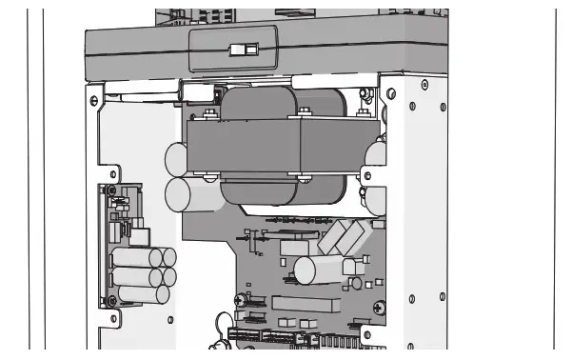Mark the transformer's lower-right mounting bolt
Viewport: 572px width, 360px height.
click(303, 175)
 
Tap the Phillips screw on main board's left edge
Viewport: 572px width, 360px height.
click(240, 299)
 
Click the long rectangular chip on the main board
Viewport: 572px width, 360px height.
click(305, 304)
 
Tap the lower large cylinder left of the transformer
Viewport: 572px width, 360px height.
click(179, 195)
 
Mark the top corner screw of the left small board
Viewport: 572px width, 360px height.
click(111, 190)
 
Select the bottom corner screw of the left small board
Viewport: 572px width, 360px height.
click(111, 301)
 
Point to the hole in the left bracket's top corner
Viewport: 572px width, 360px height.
click(94, 99)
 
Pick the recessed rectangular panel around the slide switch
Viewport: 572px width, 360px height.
click(234, 48)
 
